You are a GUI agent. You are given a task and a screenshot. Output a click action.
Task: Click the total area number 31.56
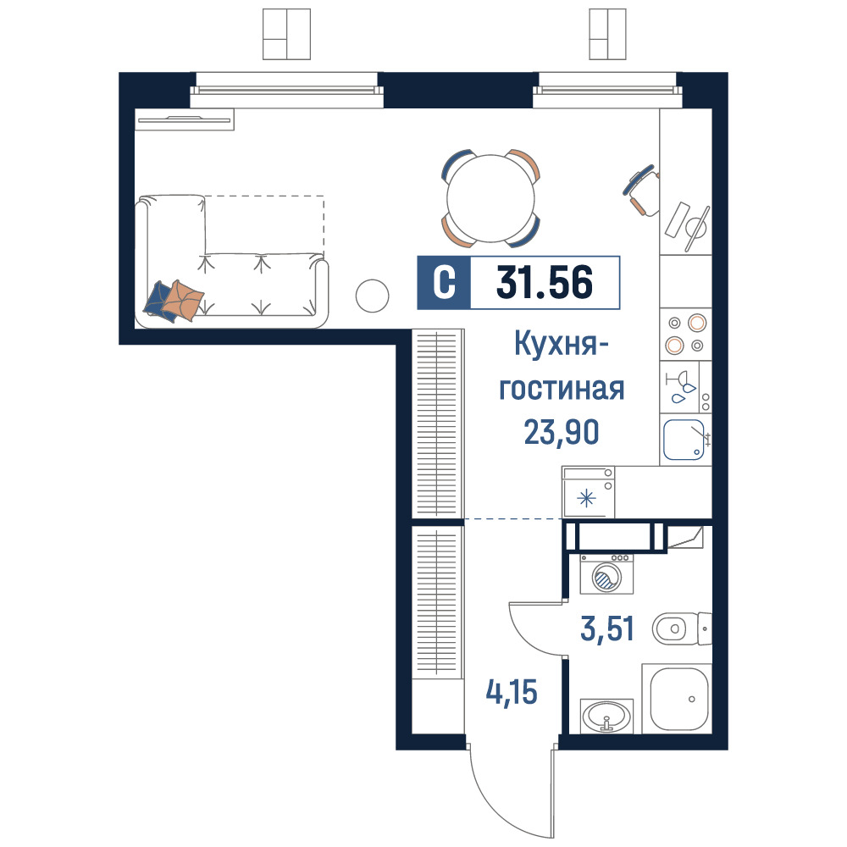click(x=545, y=282)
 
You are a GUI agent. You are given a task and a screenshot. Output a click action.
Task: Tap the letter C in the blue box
click(x=444, y=283)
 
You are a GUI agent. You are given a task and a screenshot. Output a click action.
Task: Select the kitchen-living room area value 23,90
click(x=562, y=432)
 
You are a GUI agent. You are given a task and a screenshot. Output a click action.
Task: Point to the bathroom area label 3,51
click(x=607, y=628)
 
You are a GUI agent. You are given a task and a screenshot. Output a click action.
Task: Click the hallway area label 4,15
click(x=512, y=692)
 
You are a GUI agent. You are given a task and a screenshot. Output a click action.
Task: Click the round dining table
click(x=490, y=198)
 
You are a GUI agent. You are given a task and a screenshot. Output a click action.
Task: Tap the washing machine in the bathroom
click(x=606, y=573)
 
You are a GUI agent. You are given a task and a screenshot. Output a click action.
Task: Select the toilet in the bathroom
click(x=682, y=628)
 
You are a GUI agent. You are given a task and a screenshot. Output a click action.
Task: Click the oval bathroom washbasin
click(x=606, y=716)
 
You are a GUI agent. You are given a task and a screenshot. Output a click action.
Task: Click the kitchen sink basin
click(x=684, y=440)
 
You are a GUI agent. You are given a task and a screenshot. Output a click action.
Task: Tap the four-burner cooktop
click(x=685, y=334)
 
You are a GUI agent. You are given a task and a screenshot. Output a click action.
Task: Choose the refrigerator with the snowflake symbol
click(x=589, y=491)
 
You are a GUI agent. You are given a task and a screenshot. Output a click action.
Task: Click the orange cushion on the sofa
click(x=184, y=300)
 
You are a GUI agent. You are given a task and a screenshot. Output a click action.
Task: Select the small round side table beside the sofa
click(x=372, y=296)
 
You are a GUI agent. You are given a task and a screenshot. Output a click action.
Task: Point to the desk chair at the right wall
click(x=642, y=190)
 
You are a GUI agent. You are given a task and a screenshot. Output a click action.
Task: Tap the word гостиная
click(x=562, y=389)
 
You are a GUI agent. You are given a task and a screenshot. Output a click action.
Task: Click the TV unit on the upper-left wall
click(x=184, y=119)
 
